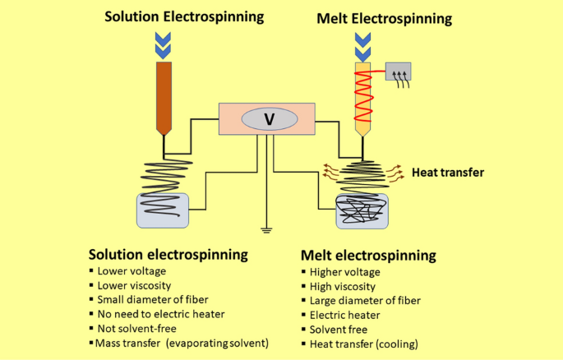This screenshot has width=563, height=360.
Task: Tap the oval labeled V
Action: (x=269, y=119)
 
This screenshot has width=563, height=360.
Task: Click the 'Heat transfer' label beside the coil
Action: (x=447, y=172)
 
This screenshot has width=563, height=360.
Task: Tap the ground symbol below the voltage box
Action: (x=265, y=228)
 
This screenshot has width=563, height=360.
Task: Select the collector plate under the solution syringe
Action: (x=162, y=210)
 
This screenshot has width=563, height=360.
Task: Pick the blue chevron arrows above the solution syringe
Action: (x=164, y=44)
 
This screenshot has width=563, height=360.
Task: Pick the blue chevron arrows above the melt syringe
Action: (x=362, y=44)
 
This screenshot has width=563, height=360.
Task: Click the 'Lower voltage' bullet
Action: (x=131, y=270)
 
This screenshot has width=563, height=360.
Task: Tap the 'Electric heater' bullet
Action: (x=343, y=314)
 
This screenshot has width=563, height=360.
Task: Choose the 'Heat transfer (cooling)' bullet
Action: (x=364, y=344)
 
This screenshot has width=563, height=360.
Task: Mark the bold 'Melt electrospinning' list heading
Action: (x=368, y=255)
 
